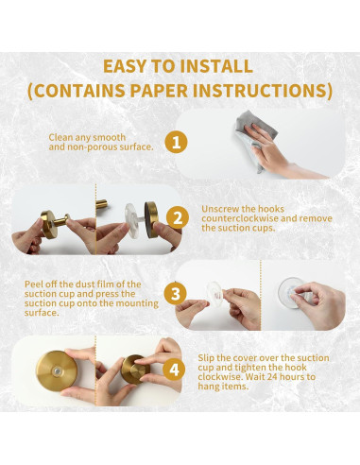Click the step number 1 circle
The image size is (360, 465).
176,143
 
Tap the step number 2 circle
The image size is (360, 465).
178,218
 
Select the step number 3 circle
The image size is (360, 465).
175,294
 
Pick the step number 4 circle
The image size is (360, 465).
174,370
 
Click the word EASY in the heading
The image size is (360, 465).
125,66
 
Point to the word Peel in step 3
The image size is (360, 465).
33,284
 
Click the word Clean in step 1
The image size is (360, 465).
60,137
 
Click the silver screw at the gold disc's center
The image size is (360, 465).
56,371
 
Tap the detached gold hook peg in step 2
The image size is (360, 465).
102,203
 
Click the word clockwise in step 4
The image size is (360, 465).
220,377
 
